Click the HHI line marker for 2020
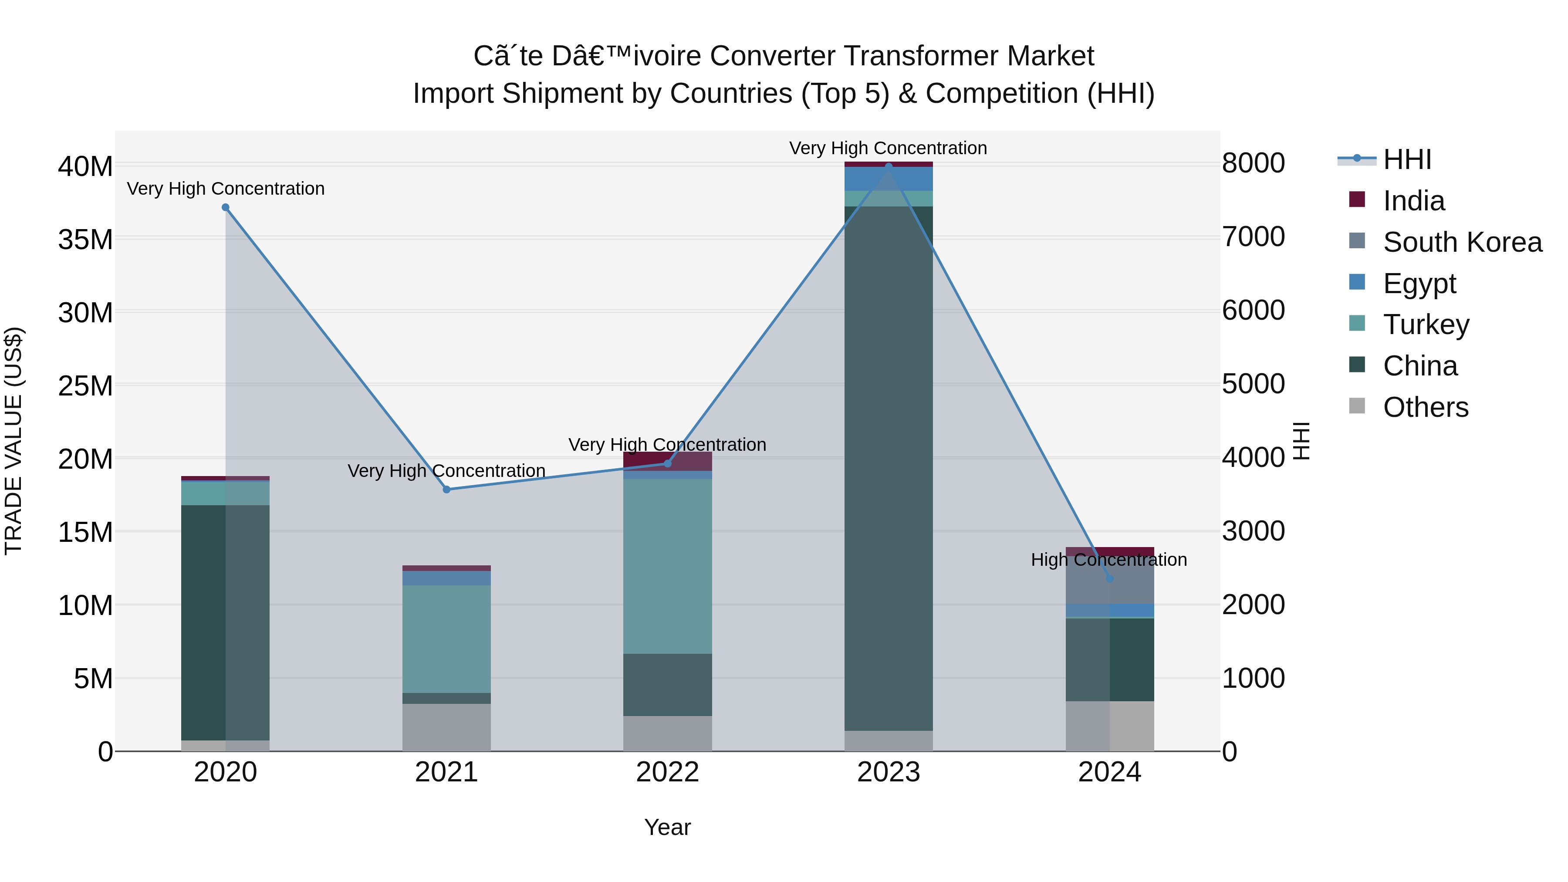[x=225, y=208]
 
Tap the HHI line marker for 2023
[x=888, y=166]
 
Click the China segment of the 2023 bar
[x=888, y=469]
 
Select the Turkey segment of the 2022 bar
[x=667, y=566]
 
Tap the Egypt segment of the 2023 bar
[x=888, y=179]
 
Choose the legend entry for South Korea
[x=1462, y=242]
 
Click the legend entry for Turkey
[x=1426, y=324]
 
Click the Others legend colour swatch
[x=1357, y=406]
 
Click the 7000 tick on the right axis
[x=1253, y=237]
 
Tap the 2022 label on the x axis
[x=667, y=772]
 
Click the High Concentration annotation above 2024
[x=1108, y=559]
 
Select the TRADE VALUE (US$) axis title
[x=14, y=441]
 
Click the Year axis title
[x=667, y=827]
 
